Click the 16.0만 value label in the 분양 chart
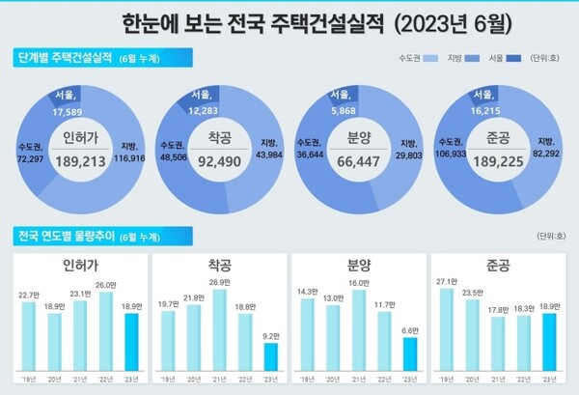point(357,284)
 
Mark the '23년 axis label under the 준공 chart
point(546,379)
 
